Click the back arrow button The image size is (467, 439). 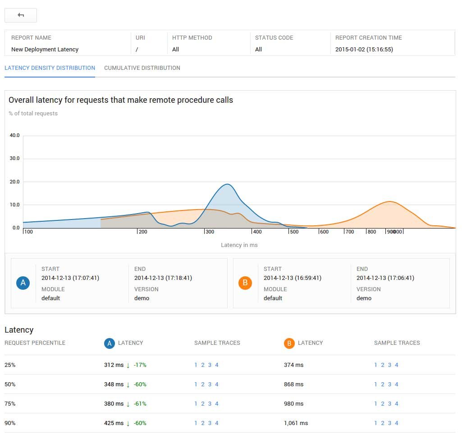pos(21,15)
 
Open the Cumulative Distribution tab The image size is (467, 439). pos(142,68)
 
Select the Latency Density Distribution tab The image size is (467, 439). pos(50,68)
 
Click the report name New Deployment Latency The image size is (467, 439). pos(45,50)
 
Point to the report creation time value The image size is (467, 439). pos(364,50)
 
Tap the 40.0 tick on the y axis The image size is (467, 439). pos(14,135)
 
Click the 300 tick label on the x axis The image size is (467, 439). pos(210,232)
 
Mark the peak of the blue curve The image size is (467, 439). pos(227,184)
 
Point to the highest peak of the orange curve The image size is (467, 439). pos(390,201)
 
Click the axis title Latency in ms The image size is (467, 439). pos(239,245)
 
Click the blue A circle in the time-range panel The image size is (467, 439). pos(23,283)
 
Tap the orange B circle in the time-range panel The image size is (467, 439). pos(245,283)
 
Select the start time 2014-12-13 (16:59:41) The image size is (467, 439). pos(293,278)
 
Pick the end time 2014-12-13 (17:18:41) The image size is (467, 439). pos(163,278)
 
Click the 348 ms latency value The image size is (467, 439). pos(114,384)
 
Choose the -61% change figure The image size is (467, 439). pos(140,403)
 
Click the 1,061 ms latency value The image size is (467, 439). pos(296,423)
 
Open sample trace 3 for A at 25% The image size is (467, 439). pos(210,365)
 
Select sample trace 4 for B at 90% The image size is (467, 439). pos(396,423)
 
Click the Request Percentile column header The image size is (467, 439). pos(35,343)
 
